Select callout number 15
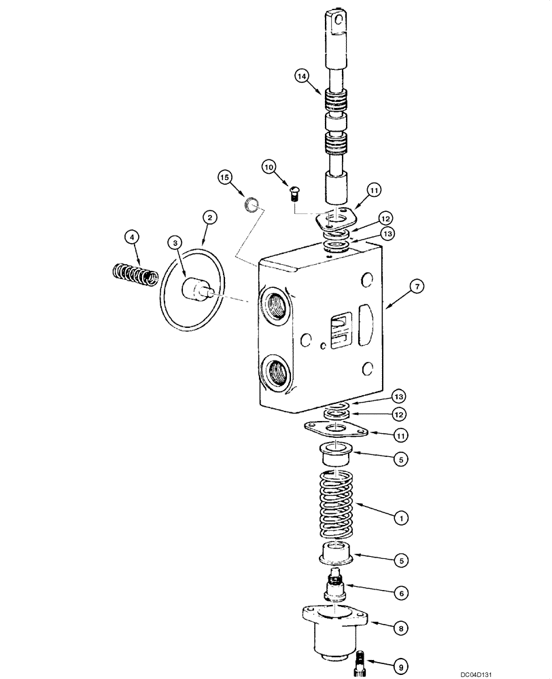(225, 177)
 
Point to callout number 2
(209, 217)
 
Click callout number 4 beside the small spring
(132, 237)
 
